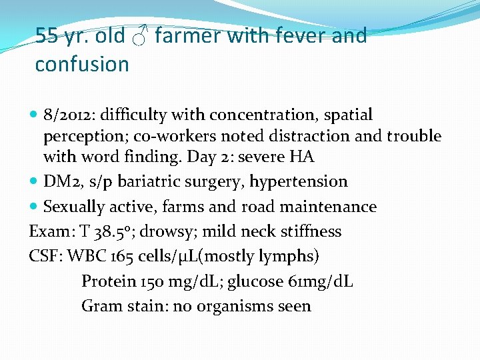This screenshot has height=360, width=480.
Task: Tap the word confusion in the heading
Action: (82, 65)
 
